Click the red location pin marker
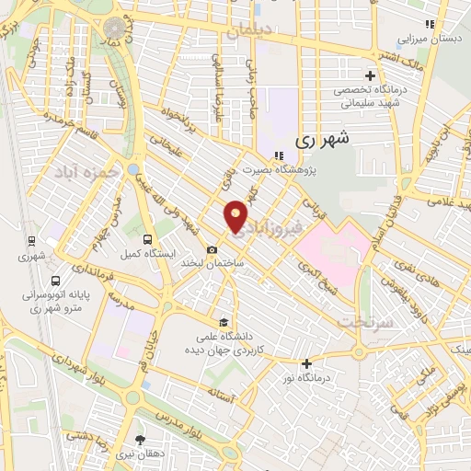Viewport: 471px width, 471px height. coord(236,216)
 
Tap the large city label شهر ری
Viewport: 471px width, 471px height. coord(324,141)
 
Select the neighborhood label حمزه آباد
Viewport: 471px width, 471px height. coord(87,172)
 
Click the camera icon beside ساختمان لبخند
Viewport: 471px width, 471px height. coord(213,249)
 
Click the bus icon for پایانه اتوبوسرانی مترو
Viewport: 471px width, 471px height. coord(57,281)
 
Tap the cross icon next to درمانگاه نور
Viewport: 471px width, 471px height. coord(306,362)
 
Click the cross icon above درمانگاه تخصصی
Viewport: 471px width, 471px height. coord(370,75)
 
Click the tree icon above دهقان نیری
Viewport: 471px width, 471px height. coord(140,440)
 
